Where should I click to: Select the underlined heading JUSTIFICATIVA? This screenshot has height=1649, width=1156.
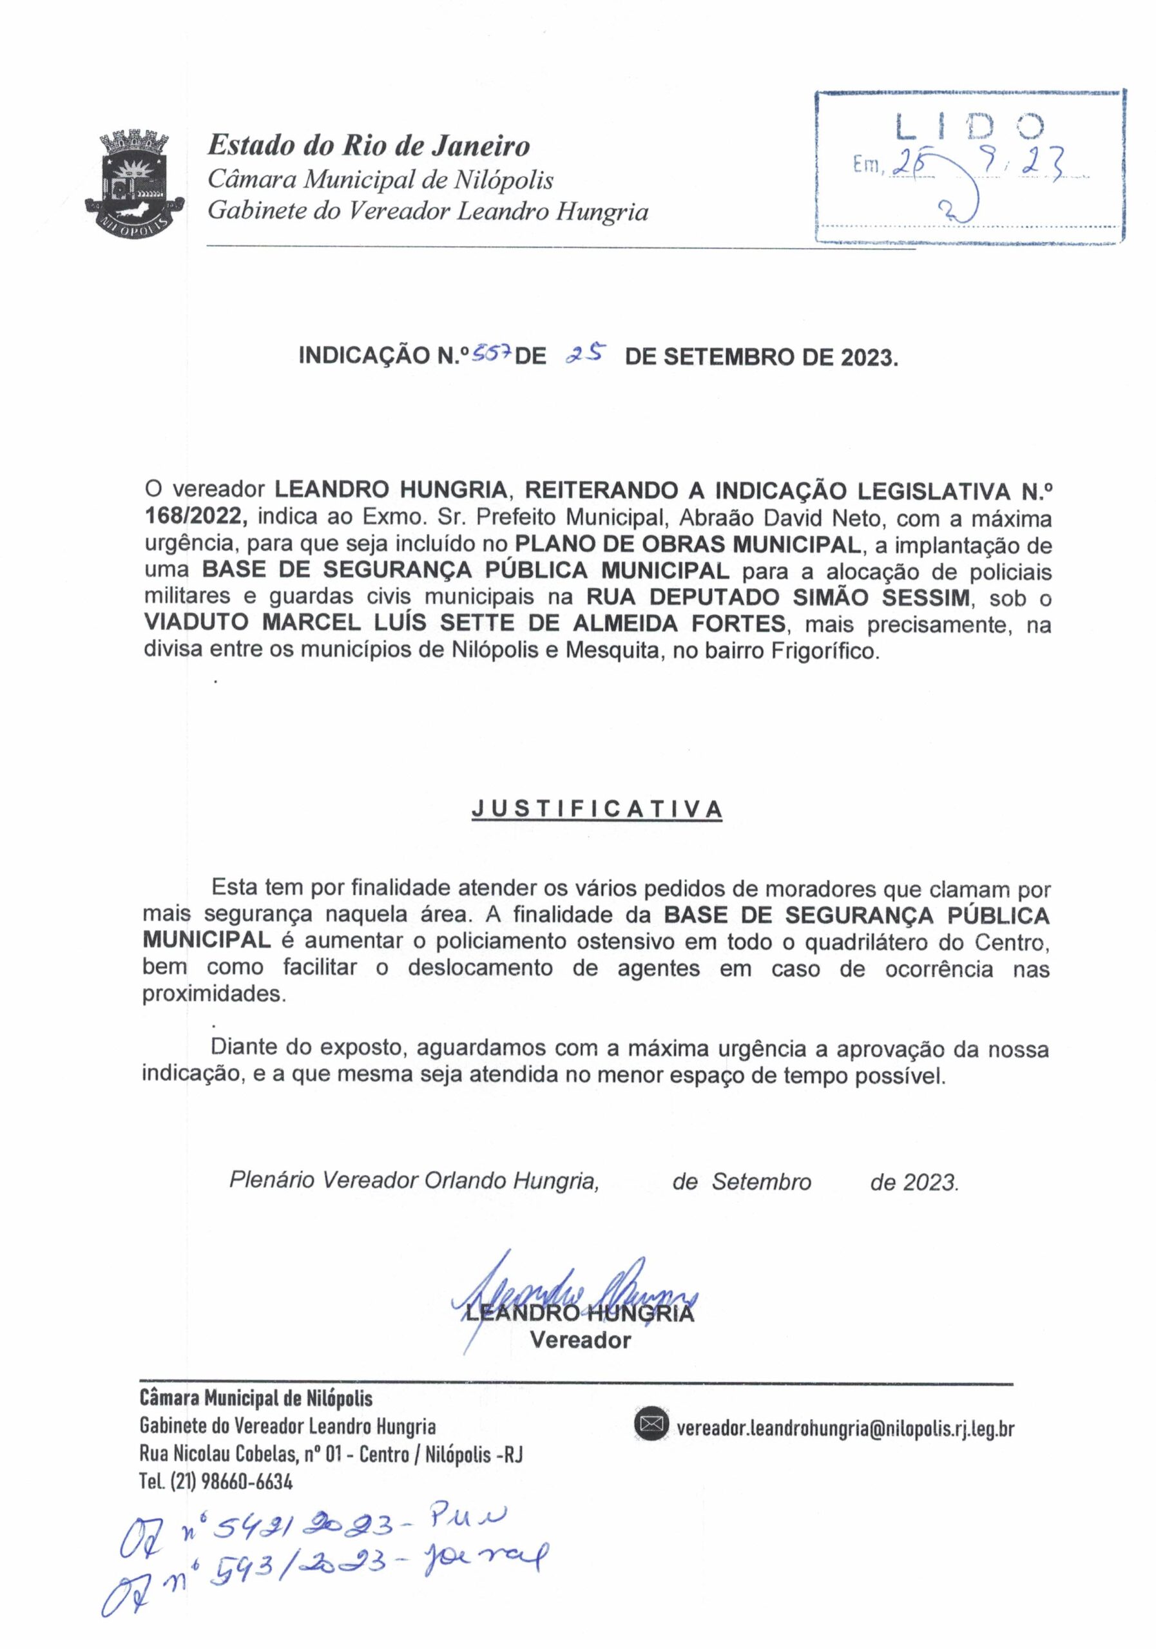point(596,810)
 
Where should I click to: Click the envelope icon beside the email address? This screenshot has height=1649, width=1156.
point(651,1425)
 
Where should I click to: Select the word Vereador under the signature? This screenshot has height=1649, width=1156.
point(580,1340)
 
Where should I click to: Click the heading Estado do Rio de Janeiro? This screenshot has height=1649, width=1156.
point(369,146)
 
